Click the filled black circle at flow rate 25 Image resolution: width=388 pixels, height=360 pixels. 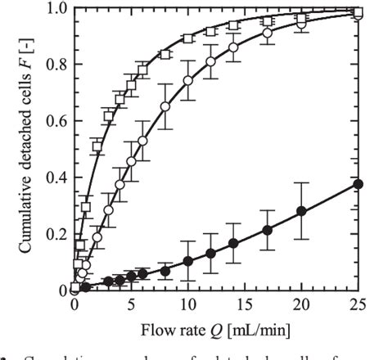point(358,184)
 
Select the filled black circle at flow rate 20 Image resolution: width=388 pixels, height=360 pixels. point(301,211)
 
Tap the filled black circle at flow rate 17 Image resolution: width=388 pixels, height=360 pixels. point(267,230)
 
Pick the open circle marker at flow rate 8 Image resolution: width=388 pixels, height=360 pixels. point(165,106)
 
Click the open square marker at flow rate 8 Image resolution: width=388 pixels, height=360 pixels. point(165,54)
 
